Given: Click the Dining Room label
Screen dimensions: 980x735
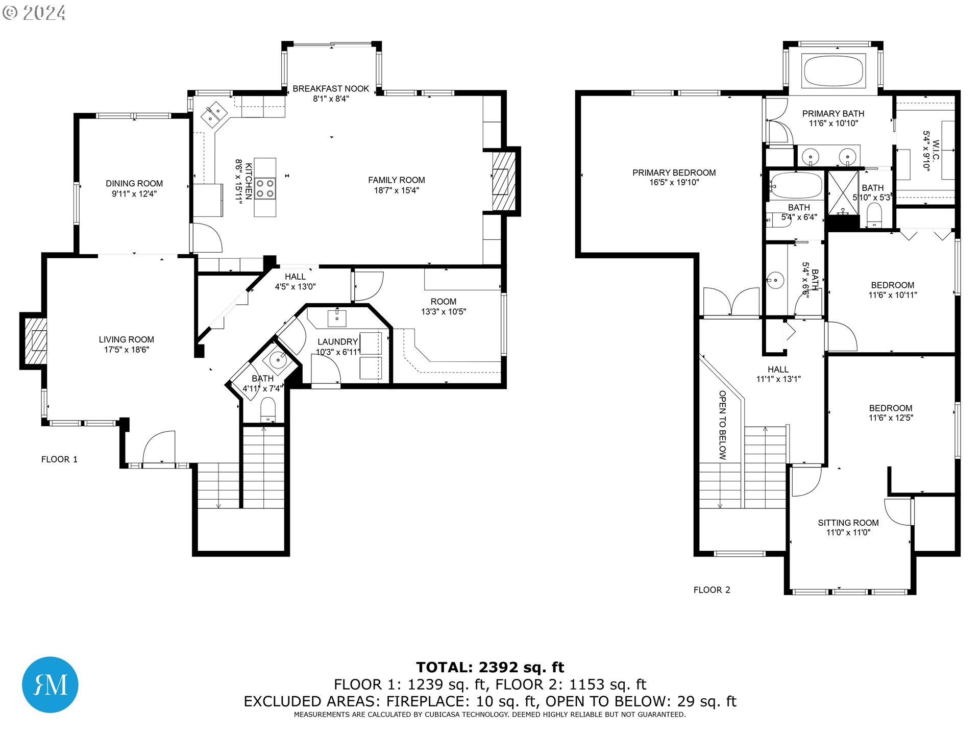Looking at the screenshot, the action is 134,183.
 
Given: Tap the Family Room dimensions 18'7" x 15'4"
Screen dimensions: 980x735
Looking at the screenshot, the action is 397,190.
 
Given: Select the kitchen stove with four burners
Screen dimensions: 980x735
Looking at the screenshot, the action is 265,187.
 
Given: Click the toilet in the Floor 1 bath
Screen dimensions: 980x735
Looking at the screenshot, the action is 268,410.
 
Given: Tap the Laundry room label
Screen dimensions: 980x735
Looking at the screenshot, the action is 337,341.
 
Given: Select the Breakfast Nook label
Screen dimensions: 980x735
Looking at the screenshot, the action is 331,89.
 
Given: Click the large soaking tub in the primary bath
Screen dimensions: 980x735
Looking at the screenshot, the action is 834,70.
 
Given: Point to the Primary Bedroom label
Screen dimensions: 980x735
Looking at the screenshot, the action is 674,173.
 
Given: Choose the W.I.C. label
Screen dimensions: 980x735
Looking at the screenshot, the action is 936,150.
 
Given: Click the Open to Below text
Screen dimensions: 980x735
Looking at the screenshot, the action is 722,425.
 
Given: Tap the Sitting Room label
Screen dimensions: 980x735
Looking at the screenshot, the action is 848,523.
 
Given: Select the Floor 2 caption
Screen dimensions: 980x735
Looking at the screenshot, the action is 712,590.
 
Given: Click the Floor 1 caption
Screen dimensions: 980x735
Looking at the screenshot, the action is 59,459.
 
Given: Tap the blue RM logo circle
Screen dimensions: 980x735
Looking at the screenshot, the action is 50,684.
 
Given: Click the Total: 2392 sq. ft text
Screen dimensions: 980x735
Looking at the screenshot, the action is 490,667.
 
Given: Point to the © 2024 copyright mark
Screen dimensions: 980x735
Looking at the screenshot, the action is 34,13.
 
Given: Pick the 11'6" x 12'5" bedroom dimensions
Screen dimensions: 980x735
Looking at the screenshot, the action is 891,418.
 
